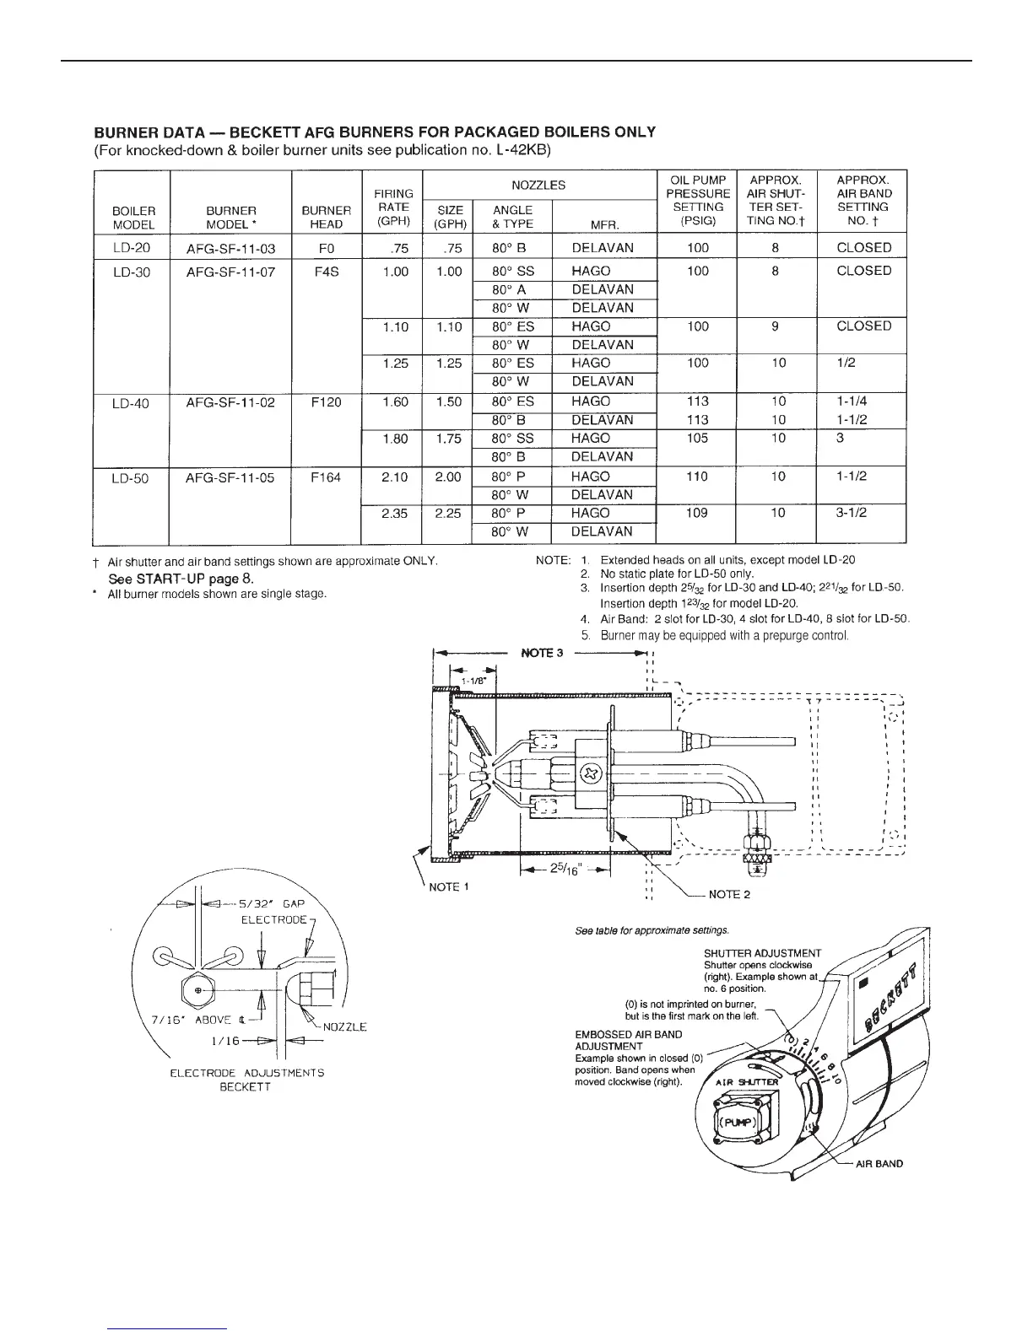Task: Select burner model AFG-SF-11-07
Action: point(230,272)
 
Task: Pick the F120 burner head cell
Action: point(326,402)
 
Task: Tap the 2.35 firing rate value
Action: point(395,513)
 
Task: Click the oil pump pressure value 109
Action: point(696,513)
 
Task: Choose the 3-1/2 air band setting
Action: point(852,513)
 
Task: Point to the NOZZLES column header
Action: point(538,185)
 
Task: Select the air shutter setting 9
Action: point(775,326)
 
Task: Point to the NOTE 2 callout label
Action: point(729,894)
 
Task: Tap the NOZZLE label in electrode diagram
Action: point(345,1026)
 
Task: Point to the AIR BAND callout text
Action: point(879,1163)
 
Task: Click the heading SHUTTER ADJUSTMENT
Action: point(762,954)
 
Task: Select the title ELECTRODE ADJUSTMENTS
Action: point(247,1073)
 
